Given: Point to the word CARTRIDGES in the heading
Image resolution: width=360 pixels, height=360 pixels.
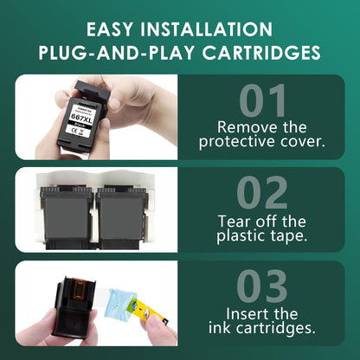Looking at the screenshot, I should coord(260,52).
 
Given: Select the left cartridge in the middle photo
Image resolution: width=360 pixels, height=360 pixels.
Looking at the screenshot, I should coord(67,209).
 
